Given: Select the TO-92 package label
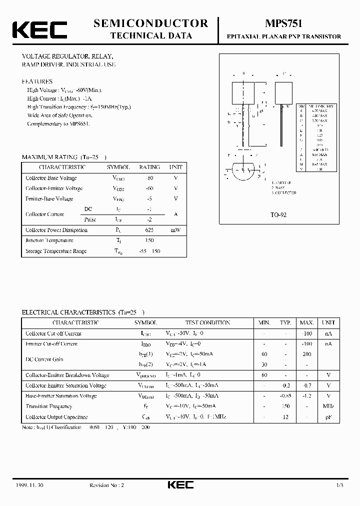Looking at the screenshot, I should tap(278, 214).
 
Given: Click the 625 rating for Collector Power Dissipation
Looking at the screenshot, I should tap(149, 230).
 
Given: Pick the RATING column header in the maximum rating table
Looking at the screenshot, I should tap(149, 167).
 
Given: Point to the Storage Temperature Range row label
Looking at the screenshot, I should tap(56, 251).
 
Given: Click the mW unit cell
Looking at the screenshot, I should tap(175, 230).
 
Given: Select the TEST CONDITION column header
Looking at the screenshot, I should tap(207, 322).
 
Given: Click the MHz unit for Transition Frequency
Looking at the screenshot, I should tap(328, 406).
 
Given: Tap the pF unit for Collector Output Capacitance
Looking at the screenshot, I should tap(328, 417).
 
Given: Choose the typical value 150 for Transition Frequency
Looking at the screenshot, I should tap(285, 406).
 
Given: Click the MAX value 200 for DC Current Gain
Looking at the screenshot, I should tap(306, 354).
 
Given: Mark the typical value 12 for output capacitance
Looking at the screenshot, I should tap(285, 417).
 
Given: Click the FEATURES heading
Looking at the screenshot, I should tap(36, 81).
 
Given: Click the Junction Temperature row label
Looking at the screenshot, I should tap(49, 240).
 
